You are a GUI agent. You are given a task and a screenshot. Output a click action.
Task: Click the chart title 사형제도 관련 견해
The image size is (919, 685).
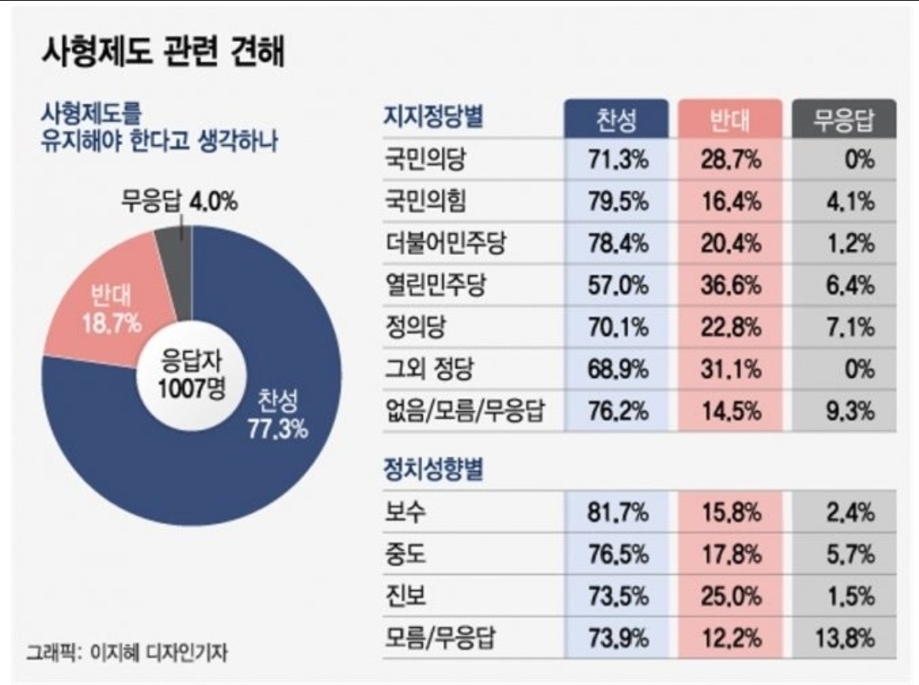(162, 53)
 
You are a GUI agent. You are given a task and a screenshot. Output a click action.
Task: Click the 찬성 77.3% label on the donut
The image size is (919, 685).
(277, 415)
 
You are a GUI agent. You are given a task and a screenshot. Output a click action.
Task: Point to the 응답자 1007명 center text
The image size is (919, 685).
(192, 376)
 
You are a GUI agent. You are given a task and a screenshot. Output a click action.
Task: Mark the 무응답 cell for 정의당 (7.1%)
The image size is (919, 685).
(849, 328)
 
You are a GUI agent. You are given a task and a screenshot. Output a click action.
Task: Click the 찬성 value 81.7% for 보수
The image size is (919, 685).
(617, 513)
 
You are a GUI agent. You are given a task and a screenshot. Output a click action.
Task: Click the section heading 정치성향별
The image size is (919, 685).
(434, 469)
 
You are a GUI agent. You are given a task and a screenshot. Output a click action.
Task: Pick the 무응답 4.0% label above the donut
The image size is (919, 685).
(178, 203)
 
